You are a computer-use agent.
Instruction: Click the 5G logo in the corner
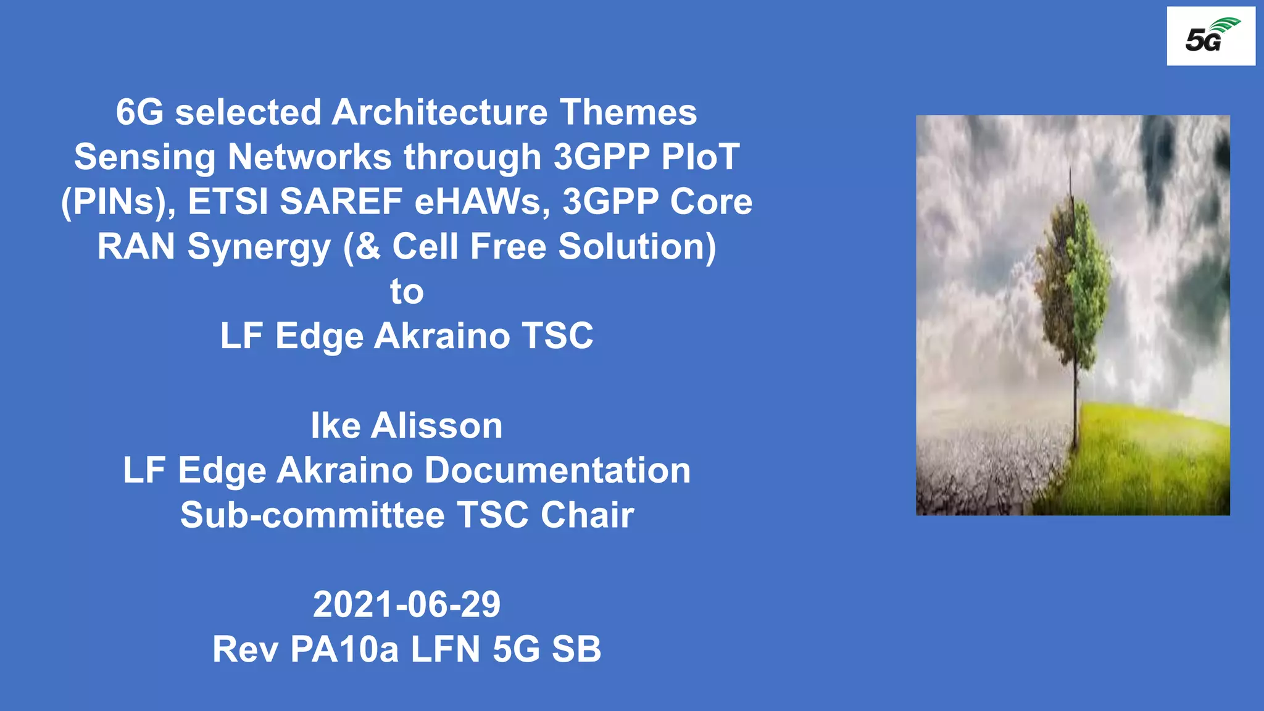click(1210, 36)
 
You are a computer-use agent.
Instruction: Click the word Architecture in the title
click(439, 113)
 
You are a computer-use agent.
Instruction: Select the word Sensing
click(144, 158)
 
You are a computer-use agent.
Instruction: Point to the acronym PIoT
click(700, 157)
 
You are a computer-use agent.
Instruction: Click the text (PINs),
click(118, 202)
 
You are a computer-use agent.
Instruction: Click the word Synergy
click(259, 247)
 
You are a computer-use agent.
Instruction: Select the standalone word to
click(407, 291)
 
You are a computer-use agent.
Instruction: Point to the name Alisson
click(436, 426)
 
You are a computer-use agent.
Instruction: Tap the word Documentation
click(557, 471)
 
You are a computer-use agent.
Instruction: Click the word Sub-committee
click(312, 515)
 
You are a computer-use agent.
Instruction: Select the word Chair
click(587, 515)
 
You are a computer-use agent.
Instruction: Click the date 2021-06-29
click(407, 605)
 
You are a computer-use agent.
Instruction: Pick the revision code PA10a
click(344, 649)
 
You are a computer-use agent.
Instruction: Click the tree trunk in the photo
click(1076, 401)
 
